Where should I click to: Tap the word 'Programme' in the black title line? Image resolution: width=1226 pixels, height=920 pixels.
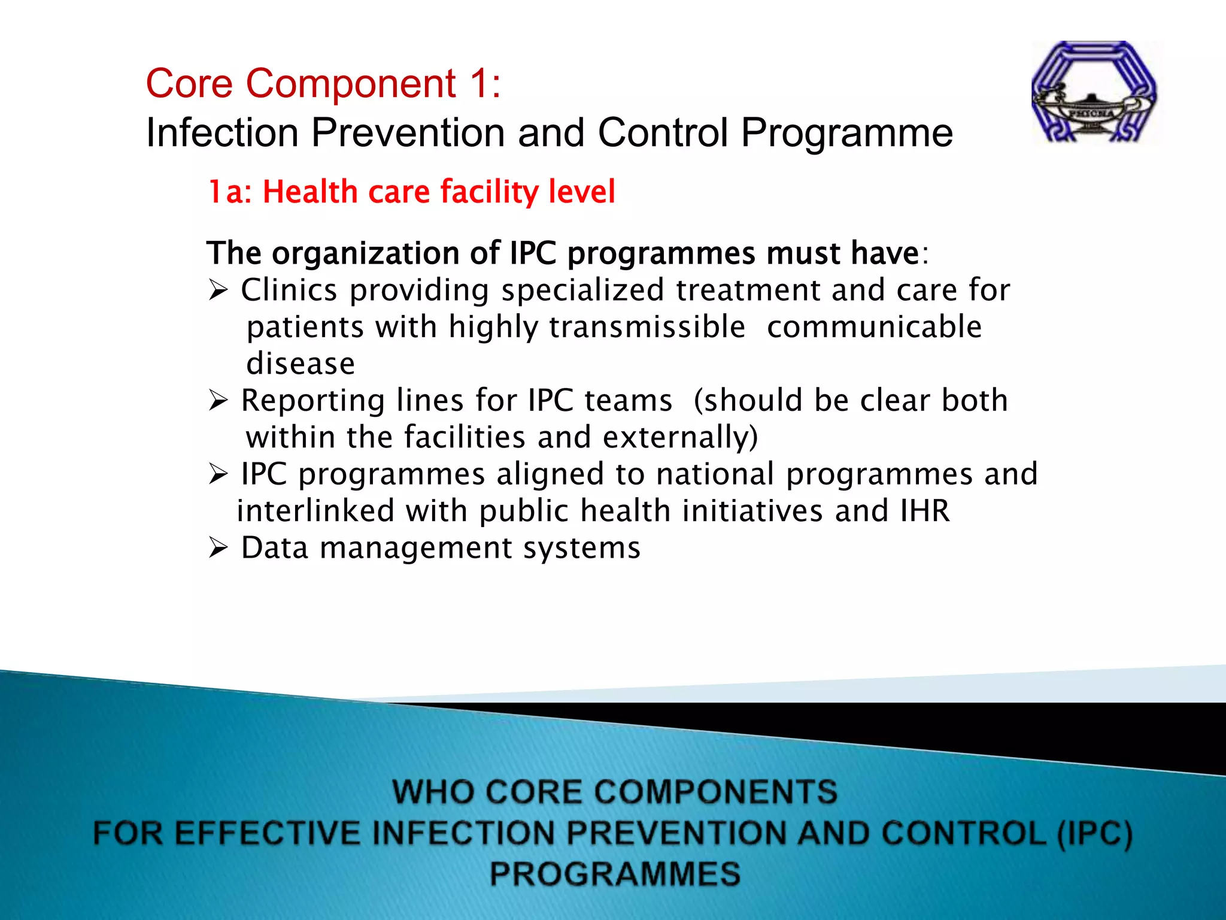coord(846,132)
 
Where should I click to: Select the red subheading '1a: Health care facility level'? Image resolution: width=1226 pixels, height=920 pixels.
coord(411,192)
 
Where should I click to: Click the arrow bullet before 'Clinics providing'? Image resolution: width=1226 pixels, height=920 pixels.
coord(219,291)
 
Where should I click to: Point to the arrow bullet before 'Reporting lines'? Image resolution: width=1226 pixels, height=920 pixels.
coord(219,401)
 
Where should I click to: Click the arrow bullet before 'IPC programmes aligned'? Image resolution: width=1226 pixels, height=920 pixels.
coord(219,475)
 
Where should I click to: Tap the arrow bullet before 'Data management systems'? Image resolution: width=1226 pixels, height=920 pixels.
coord(219,548)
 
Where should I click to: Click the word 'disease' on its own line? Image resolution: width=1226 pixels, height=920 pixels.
coord(301,364)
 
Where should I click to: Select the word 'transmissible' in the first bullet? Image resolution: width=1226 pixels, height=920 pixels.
coord(647,327)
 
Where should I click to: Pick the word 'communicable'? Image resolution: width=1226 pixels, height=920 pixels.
coord(874,327)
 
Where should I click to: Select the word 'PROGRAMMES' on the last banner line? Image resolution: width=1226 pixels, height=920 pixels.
coord(615,873)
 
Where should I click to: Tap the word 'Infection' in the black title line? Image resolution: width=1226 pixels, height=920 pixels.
coord(222,132)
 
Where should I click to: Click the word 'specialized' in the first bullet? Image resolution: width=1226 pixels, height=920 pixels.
coord(582,290)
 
